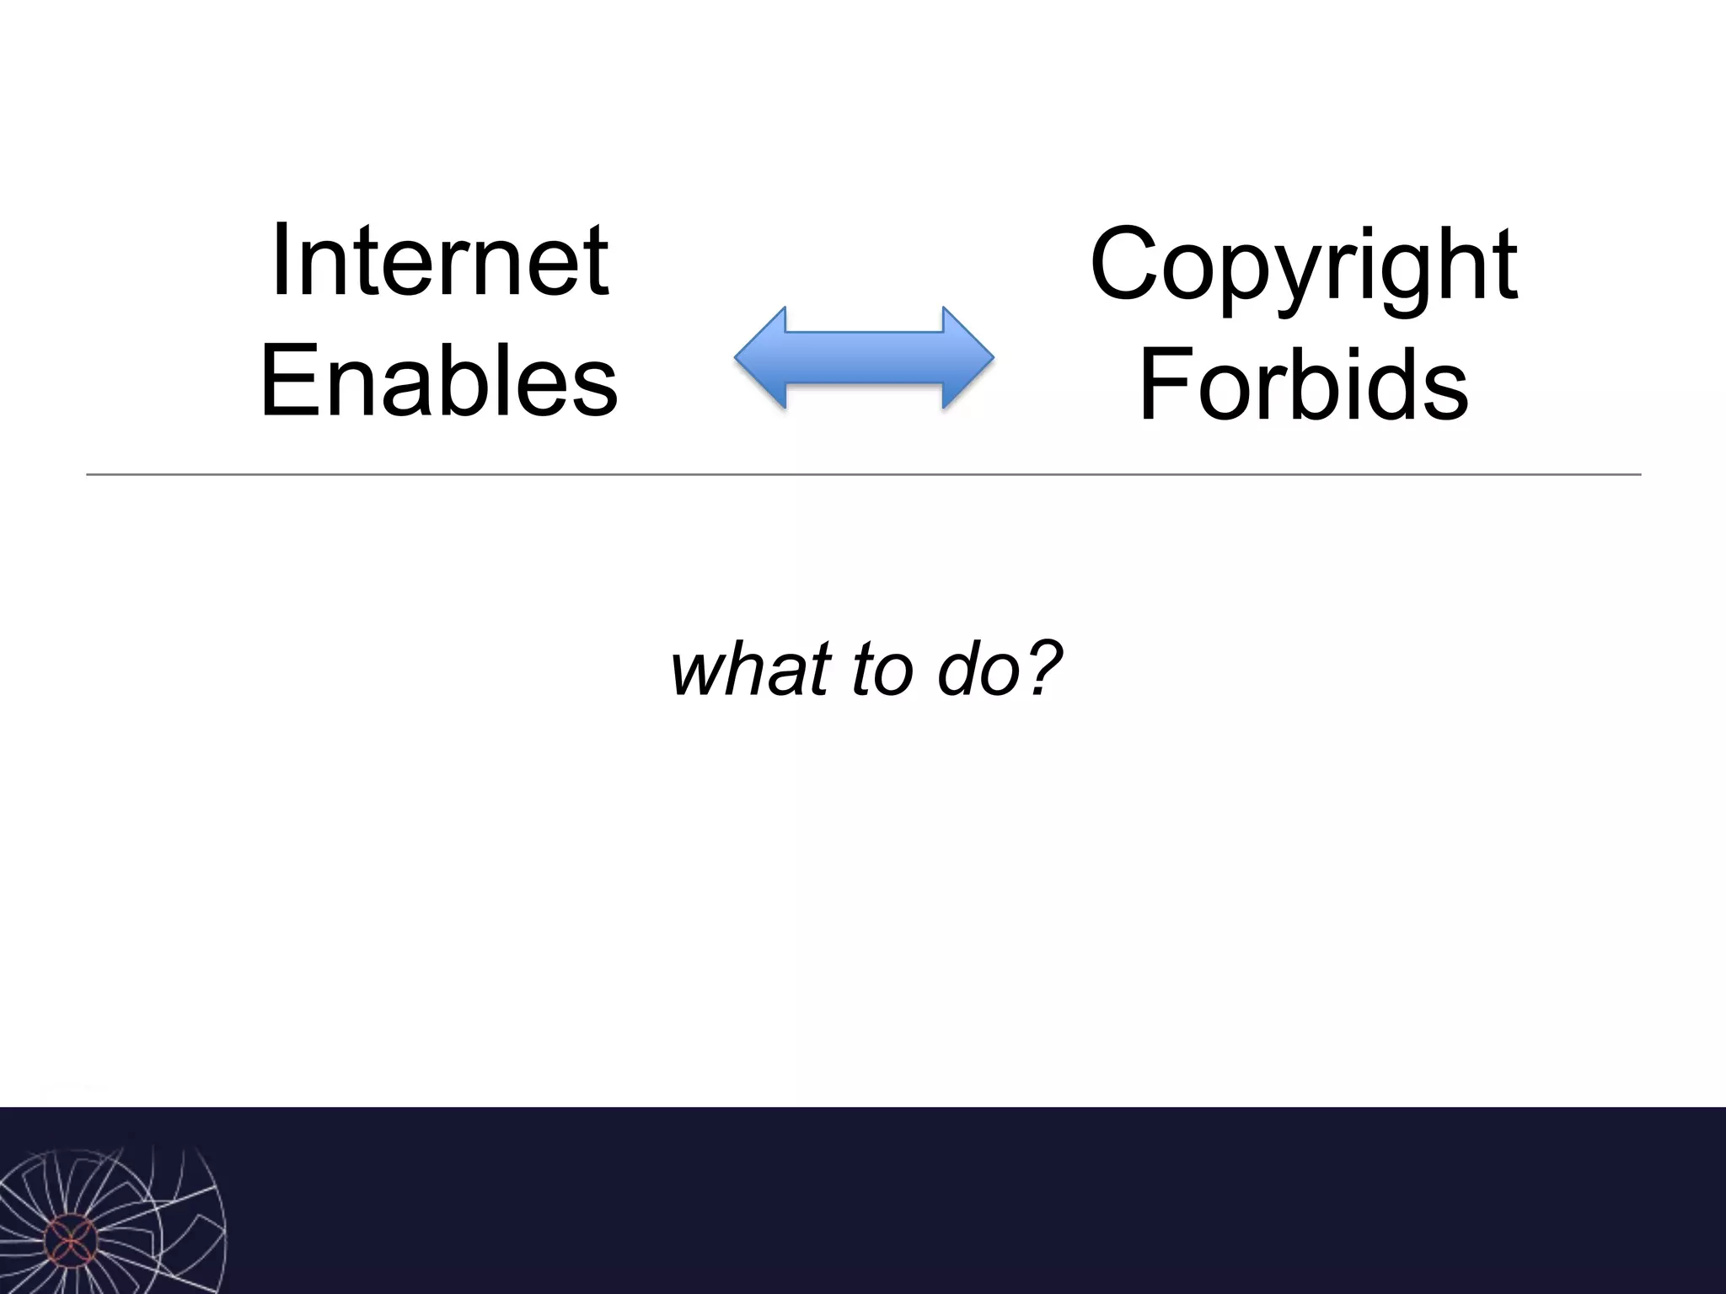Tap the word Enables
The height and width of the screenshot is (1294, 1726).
439,381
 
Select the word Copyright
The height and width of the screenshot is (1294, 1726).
1303,265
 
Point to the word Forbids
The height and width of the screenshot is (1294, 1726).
1303,386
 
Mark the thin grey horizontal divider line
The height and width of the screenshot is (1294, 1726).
863,475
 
